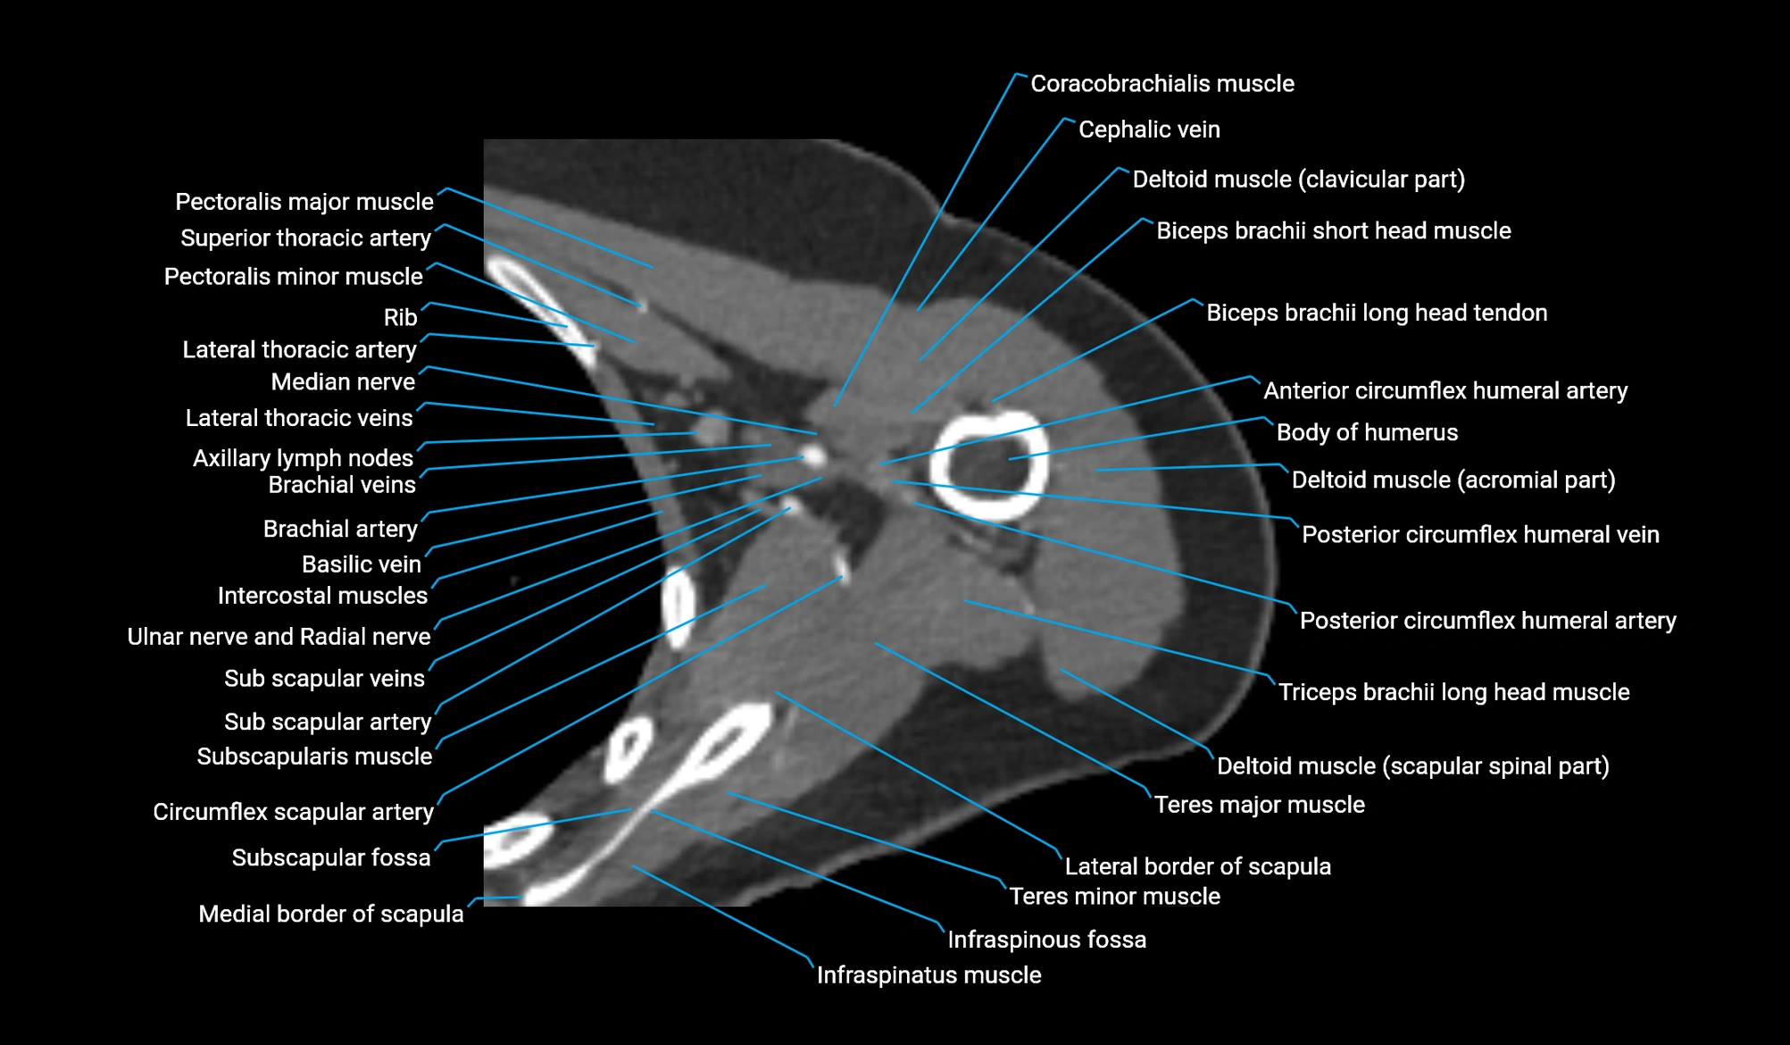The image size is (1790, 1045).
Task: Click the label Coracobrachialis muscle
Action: pyautogui.click(x=1161, y=84)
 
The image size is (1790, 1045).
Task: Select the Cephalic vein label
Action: pyautogui.click(x=1148, y=130)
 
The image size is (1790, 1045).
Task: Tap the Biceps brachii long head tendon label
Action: pyautogui.click(x=1376, y=313)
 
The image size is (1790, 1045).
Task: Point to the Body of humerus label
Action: pyautogui.click(x=1366, y=432)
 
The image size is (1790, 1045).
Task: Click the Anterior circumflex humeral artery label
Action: pyautogui.click(x=1444, y=390)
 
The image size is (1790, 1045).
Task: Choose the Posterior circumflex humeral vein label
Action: pyautogui.click(x=1479, y=534)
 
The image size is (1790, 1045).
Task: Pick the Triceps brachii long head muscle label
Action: pyautogui.click(x=1453, y=692)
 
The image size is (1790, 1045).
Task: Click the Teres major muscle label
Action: pyautogui.click(x=1259, y=805)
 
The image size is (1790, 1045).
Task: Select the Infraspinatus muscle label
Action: pyautogui.click(x=928, y=974)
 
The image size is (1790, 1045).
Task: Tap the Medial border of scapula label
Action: pyautogui.click(x=330, y=914)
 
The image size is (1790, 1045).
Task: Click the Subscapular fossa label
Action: pyautogui.click(x=330, y=857)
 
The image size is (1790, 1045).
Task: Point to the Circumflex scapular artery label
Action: pyautogui.click(x=293, y=812)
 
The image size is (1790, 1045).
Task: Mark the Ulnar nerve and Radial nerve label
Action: pyautogui.click(x=279, y=637)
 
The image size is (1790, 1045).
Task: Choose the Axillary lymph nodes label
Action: pyautogui.click(x=303, y=458)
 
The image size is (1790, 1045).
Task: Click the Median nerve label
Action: pyautogui.click(x=343, y=382)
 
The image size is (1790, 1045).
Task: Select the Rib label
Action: pyautogui.click(x=400, y=317)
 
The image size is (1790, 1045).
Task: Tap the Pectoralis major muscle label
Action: pyautogui.click(x=304, y=202)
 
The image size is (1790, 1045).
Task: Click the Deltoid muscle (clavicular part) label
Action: pyautogui.click(x=1298, y=180)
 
